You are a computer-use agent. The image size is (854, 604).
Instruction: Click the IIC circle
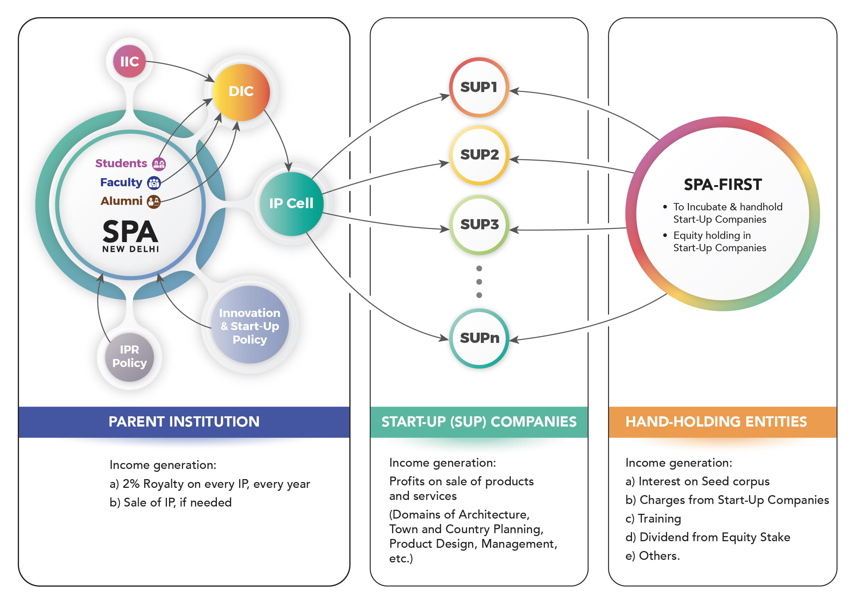pyautogui.click(x=129, y=61)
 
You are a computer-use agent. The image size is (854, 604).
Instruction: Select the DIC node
pyautogui.click(x=241, y=92)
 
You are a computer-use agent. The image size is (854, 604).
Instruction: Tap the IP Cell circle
pyautogui.click(x=291, y=203)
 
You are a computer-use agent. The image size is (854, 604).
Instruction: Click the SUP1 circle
pyautogui.click(x=479, y=87)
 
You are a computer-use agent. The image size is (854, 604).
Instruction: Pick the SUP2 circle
pyautogui.click(x=479, y=155)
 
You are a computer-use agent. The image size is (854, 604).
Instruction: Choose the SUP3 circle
pyautogui.click(x=479, y=225)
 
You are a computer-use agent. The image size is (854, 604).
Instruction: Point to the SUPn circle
pyautogui.click(x=479, y=338)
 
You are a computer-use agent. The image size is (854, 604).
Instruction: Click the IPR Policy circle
pyautogui.click(x=129, y=357)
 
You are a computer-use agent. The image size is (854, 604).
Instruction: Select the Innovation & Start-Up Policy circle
pyautogui.click(x=250, y=326)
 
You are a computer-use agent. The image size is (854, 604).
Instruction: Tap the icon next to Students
pyautogui.click(x=159, y=164)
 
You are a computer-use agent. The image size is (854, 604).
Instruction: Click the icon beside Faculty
pyautogui.click(x=154, y=183)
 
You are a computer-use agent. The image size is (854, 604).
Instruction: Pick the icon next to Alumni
pyautogui.click(x=154, y=202)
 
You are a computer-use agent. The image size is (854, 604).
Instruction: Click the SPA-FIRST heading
pyautogui.click(x=723, y=185)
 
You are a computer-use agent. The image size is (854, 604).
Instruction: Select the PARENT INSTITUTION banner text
pyautogui.click(x=184, y=422)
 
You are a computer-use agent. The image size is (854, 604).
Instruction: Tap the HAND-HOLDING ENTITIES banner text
pyautogui.click(x=716, y=422)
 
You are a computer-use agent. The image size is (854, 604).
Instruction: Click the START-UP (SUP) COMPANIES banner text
pyautogui.click(x=479, y=422)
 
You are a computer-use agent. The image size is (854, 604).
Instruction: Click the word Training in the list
pyautogui.click(x=659, y=519)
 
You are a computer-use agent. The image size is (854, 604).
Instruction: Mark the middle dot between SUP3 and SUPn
pyautogui.click(x=479, y=282)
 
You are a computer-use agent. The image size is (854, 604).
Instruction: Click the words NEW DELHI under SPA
pyautogui.click(x=131, y=249)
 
